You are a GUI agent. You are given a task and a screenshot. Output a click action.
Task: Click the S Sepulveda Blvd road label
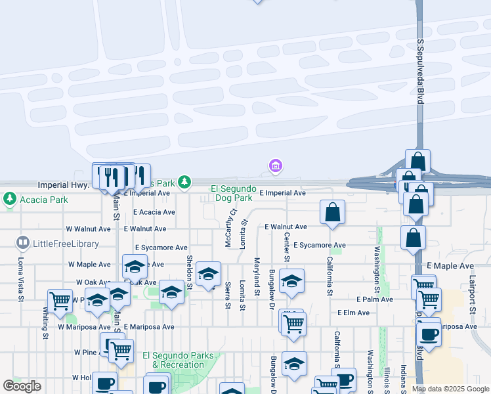point(419,72)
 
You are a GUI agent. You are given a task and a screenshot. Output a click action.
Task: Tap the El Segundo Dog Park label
point(232,193)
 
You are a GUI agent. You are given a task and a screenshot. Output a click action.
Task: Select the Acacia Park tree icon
point(10,198)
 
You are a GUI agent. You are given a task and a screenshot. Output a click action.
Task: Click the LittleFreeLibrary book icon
point(23,244)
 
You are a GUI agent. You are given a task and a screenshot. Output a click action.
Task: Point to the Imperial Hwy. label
point(63,185)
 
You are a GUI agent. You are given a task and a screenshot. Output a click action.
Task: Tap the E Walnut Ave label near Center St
point(286,227)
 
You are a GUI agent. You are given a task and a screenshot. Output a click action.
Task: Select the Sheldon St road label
point(190,272)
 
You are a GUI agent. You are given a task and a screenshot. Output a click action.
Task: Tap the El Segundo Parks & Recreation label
point(178,360)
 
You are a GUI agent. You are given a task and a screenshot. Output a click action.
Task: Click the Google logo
point(22,386)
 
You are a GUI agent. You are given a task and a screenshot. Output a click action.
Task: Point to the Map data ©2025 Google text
point(450,389)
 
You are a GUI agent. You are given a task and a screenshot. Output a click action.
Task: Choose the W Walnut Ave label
point(89,229)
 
